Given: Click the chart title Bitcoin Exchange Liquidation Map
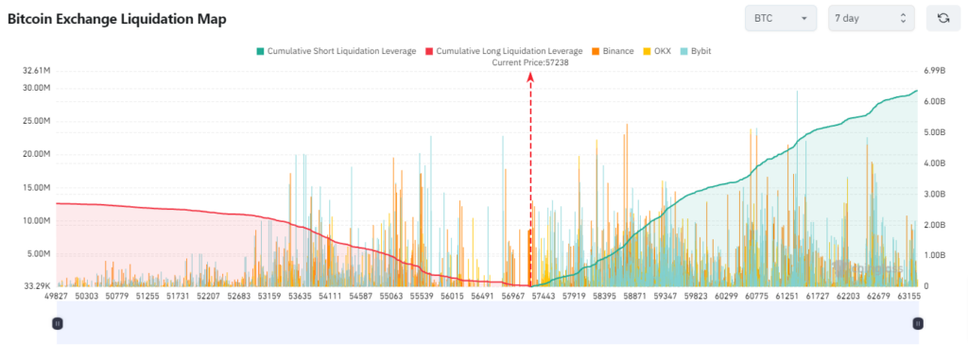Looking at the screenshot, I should click(x=117, y=19).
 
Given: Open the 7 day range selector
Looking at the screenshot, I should click(x=871, y=18).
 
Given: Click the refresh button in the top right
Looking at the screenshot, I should click(x=942, y=18).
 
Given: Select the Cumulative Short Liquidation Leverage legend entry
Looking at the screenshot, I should click(x=336, y=51).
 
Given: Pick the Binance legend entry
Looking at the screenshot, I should click(x=612, y=51).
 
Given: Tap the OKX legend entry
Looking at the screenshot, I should click(x=657, y=51).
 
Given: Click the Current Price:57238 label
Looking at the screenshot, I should click(x=529, y=62).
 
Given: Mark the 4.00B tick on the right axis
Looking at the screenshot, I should click(x=932, y=163).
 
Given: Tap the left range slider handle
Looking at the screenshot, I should click(x=58, y=323).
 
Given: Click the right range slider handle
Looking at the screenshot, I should click(x=917, y=323).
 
